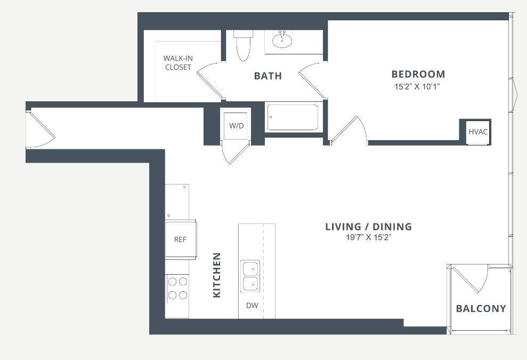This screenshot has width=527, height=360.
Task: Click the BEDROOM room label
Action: (418, 74)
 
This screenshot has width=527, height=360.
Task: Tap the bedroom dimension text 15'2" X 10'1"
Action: (417, 87)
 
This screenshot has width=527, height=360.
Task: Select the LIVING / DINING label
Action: (368, 227)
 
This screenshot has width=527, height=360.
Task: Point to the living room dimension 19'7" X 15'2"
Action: (369, 237)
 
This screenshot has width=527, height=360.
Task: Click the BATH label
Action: (268, 76)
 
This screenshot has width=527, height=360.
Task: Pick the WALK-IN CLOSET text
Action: (178, 62)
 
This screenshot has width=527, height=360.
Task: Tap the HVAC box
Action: (478, 132)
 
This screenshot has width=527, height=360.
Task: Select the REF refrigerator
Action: (181, 239)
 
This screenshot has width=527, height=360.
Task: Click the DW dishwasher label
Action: (252, 305)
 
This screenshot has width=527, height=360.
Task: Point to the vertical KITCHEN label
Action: (217, 275)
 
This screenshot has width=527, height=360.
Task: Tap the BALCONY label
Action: (481, 308)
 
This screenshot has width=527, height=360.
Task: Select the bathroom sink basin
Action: (282, 40)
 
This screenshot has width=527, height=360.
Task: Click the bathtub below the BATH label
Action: (293, 117)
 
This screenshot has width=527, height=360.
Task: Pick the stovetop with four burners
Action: (177, 288)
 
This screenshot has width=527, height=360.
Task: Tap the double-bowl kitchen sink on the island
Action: (250, 276)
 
